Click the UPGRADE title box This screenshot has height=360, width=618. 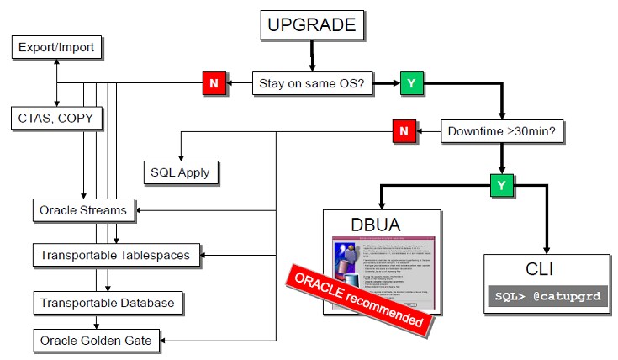pos(311,26)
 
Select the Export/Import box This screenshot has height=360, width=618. pos(56,48)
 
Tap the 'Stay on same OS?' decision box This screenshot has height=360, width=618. pos(313,84)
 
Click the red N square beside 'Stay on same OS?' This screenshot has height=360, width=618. pos(214,84)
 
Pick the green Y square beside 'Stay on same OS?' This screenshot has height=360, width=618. pos(412,84)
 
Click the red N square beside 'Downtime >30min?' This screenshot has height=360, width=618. pos(404,132)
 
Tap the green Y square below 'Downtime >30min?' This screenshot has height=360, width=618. pos(502,183)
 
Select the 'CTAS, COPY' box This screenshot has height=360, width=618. pos(56,118)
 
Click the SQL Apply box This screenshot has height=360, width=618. pos(181,172)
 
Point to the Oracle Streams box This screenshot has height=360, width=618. pos(83,209)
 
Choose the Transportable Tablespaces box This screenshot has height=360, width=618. pos(115,253)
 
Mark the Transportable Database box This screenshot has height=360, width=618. pos(107,301)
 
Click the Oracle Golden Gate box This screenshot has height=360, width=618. pos(96,340)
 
